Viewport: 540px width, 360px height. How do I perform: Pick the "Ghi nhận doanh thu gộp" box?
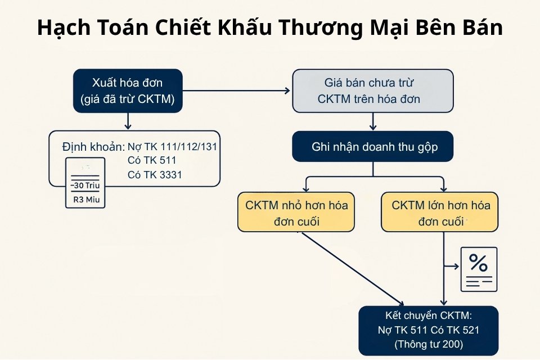click(372, 147)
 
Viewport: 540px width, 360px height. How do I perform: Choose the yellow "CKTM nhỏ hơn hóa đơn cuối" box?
click(296, 212)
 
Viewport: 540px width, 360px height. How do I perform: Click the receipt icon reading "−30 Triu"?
click(85, 183)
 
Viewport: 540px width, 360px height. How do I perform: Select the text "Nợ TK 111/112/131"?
click(172, 146)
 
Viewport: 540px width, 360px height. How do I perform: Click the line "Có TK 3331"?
click(155, 175)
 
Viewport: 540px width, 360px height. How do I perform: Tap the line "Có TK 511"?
click(152, 161)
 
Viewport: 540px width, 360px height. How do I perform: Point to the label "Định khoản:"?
click(93, 147)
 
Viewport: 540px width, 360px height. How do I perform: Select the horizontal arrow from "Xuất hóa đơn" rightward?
click(236, 90)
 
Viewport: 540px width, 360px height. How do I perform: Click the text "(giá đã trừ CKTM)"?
click(127, 100)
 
